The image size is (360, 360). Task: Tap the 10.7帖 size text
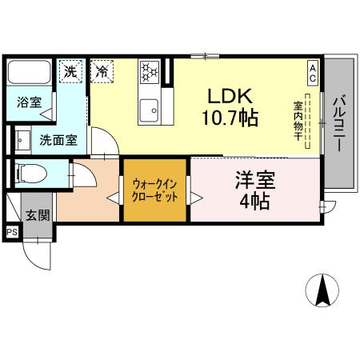point(230,119)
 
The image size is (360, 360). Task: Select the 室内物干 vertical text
point(298,121)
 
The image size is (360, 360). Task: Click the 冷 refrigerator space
point(102,70)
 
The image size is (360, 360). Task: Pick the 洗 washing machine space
point(70,70)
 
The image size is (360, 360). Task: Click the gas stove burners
point(149,72)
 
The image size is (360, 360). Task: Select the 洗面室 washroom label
point(58,140)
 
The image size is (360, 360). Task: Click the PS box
point(13,232)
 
